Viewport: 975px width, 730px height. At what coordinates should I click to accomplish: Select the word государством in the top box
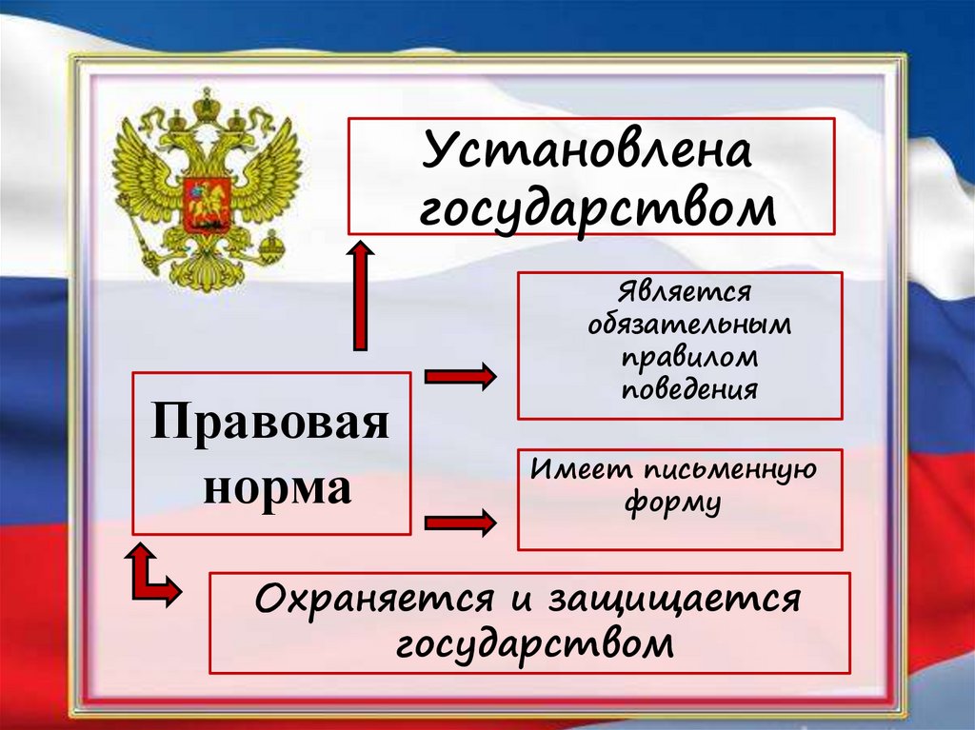(x=597, y=207)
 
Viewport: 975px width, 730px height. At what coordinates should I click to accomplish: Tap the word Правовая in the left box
(x=270, y=422)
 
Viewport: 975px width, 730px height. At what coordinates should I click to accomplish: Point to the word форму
(x=672, y=503)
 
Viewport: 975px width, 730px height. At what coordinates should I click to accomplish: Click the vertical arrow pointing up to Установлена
(x=360, y=296)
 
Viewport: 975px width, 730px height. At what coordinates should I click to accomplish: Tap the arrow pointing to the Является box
(x=460, y=377)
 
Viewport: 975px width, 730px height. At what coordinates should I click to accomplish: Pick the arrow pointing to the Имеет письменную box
(x=460, y=522)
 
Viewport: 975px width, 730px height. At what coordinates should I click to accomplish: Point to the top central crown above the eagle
(x=206, y=103)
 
